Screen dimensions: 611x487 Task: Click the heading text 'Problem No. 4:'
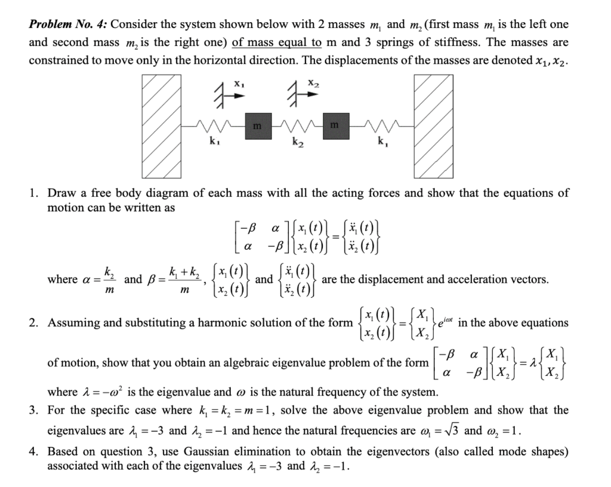(68, 25)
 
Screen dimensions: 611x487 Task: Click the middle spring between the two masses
(296, 127)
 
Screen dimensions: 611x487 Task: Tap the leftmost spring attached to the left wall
(212, 127)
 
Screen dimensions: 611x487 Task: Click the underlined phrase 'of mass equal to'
(277, 43)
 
